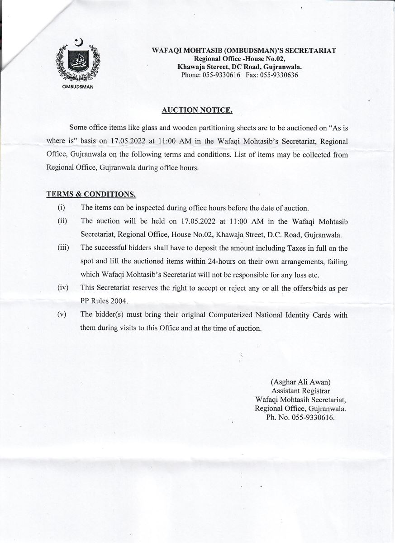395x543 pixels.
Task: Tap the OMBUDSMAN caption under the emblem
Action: (77, 86)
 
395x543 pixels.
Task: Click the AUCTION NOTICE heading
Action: (197, 110)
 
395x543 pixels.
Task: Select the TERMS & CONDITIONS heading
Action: (91, 194)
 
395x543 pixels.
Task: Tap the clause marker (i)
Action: (61, 208)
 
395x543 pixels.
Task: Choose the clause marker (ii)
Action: (62, 221)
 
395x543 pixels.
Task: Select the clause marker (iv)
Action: (62, 288)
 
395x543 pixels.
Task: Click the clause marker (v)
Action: (62, 314)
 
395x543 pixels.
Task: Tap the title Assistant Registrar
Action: (300, 391)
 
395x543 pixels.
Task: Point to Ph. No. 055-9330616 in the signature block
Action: (300, 418)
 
